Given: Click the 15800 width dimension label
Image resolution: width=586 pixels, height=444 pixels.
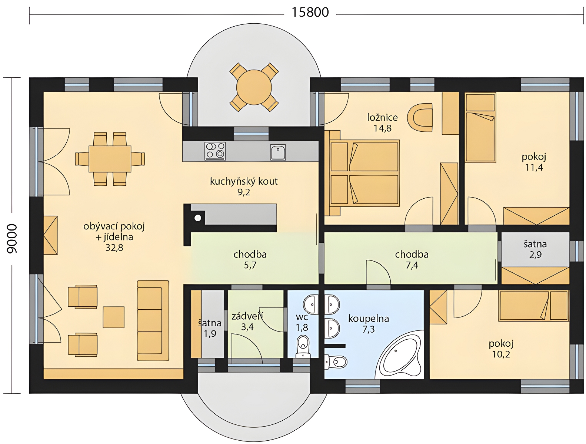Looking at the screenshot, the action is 310,13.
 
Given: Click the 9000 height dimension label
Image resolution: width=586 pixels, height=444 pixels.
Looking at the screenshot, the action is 12,238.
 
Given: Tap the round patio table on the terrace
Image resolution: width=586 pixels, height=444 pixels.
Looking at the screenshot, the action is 254,87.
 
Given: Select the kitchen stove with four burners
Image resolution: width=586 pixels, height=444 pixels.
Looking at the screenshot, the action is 215,151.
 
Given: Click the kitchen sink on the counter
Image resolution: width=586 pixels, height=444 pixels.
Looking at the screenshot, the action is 278,152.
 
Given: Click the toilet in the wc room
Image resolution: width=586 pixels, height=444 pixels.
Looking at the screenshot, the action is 303,346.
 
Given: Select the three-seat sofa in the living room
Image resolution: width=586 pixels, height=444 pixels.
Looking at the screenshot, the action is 153,320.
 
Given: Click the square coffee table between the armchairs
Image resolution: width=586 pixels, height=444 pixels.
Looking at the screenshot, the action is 113,317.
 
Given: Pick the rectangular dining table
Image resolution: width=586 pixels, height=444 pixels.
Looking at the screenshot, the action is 110,159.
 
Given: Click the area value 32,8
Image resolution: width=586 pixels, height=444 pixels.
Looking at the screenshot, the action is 114,248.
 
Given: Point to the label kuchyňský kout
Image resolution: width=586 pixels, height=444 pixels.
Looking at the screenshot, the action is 244,181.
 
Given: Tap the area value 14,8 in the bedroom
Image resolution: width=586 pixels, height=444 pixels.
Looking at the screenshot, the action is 382,128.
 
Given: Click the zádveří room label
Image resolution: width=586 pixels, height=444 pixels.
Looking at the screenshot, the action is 247,316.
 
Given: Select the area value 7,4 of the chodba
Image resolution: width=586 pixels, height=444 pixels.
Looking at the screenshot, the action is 412,265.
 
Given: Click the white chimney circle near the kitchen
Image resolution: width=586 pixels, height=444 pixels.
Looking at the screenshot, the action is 198,218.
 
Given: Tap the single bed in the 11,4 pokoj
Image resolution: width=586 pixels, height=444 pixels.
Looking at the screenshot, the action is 480,128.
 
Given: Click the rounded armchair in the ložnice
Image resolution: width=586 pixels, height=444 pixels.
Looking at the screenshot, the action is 420,117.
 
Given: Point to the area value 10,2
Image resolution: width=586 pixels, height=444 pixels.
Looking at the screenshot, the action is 501,354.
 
